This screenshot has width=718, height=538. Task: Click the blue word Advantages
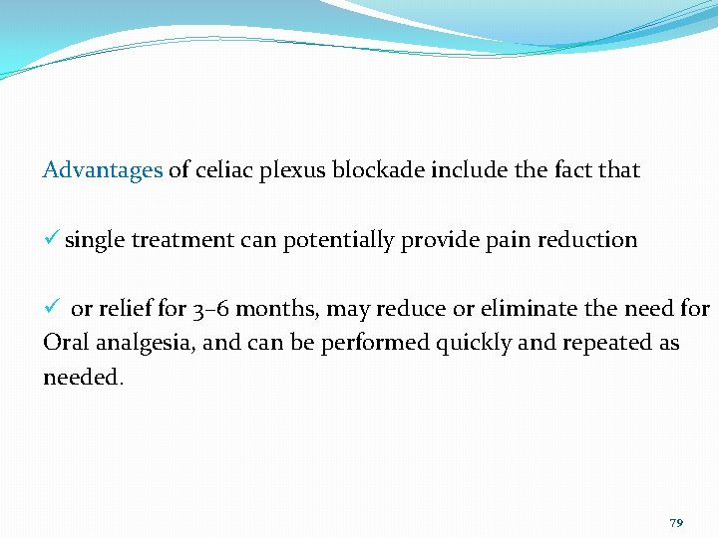pos(103,170)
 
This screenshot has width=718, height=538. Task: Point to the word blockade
pos(378,170)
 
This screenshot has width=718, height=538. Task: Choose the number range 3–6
pos(211,309)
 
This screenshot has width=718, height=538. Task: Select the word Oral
pos(64,344)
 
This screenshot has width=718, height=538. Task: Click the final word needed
pos(82,379)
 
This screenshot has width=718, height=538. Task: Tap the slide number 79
pos(676,523)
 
